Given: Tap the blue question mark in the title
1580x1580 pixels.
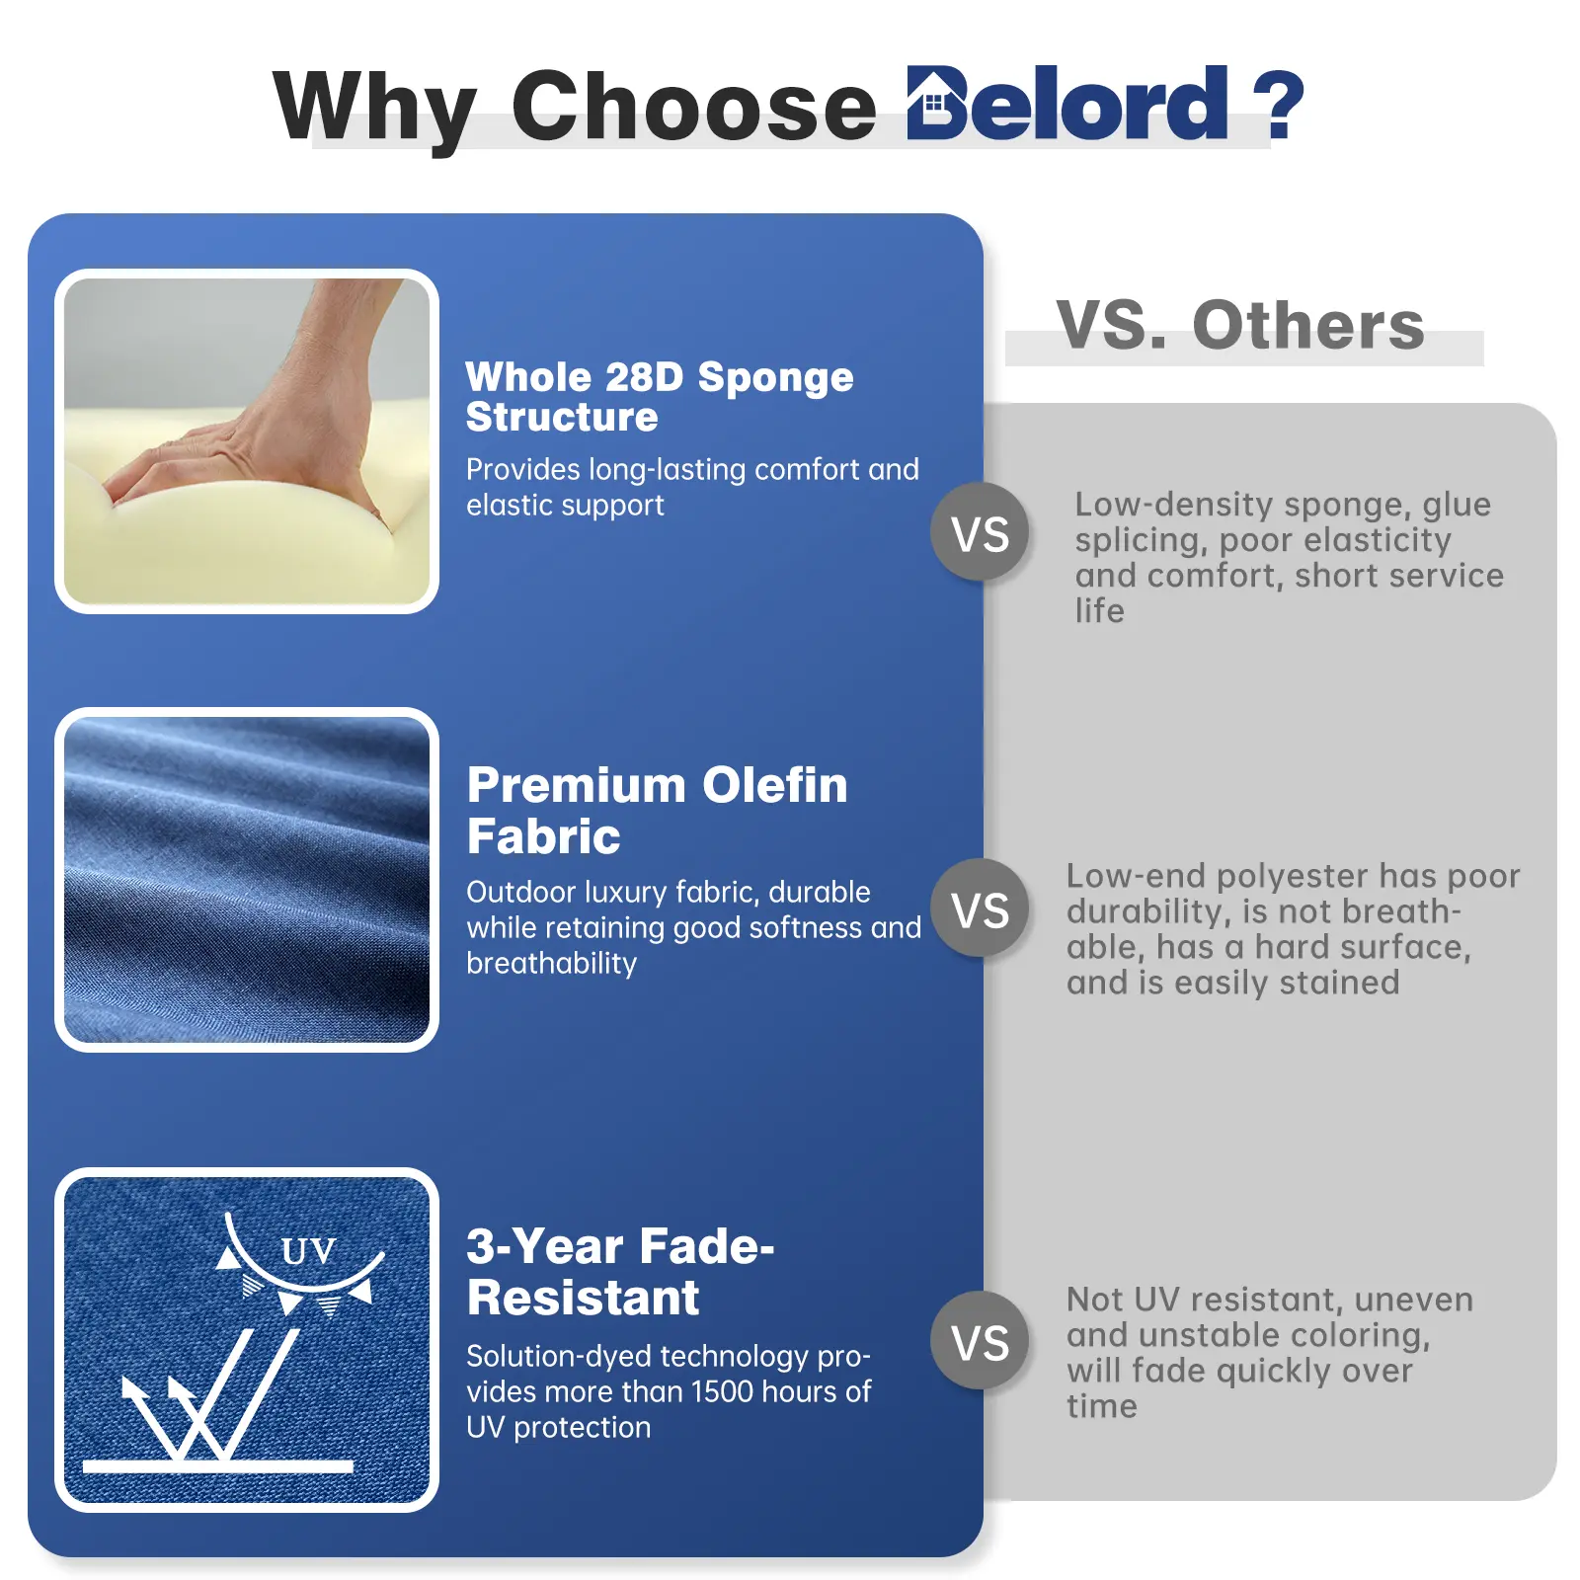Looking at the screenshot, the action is [x=1278, y=105].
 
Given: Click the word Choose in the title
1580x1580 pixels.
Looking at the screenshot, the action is [x=693, y=106].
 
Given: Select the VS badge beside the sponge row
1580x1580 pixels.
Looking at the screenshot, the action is [x=980, y=533].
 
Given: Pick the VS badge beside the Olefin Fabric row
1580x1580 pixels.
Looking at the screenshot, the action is [x=980, y=908].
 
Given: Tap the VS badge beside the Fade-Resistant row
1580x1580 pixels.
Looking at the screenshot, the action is [x=980, y=1341].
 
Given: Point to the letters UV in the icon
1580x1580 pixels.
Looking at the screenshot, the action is [x=308, y=1251].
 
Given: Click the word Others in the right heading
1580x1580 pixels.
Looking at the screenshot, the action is [x=1308, y=325].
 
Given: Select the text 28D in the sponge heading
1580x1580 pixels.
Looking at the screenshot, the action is [x=644, y=377].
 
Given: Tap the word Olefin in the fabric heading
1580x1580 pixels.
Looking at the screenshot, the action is [x=774, y=786].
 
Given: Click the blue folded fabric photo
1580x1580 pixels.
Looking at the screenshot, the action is [x=247, y=880].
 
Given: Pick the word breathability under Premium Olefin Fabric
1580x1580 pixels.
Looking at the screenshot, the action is [x=552, y=963].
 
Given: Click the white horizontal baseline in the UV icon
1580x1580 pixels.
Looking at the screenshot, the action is [x=218, y=1466].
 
